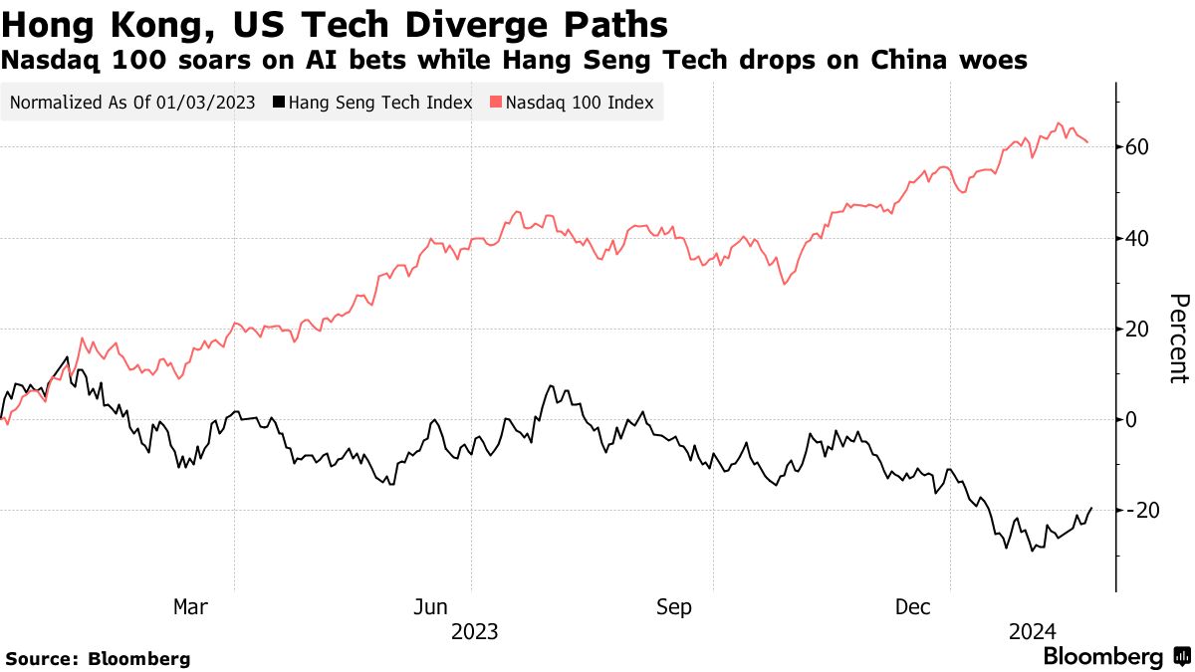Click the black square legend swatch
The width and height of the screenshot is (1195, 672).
[279, 103]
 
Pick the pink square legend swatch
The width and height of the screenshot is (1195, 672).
[497, 103]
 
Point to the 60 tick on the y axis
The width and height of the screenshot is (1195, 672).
[1138, 147]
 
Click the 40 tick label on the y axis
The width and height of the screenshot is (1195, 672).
[1138, 238]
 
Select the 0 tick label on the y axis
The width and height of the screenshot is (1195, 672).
[1132, 419]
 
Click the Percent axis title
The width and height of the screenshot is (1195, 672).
[1179, 338]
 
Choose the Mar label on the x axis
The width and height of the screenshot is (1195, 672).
[190, 606]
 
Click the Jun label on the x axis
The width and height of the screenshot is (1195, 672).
[429, 606]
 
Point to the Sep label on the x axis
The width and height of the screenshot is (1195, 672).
[673, 606]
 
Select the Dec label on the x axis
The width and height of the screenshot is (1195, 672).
[912, 606]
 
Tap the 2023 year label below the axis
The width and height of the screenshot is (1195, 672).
[474, 631]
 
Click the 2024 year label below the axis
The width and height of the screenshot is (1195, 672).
[1033, 631]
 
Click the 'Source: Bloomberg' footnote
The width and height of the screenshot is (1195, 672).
[98, 659]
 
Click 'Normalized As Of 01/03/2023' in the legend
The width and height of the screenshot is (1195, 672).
[132, 103]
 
